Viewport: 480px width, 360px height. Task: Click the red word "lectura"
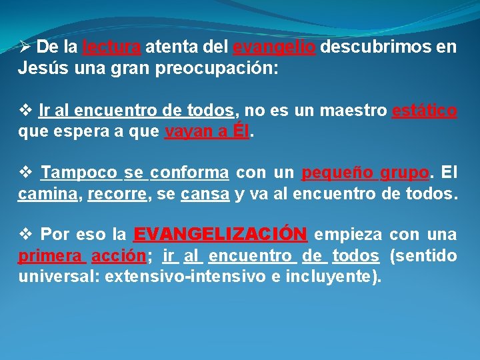(x=111, y=47)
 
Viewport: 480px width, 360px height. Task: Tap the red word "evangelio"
(x=274, y=47)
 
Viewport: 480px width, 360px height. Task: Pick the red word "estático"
(x=425, y=111)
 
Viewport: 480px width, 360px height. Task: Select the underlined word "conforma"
(x=190, y=174)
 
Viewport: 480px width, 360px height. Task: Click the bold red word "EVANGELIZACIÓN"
(x=220, y=234)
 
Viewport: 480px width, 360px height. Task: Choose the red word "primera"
(x=51, y=256)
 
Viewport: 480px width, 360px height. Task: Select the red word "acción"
(x=119, y=256)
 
